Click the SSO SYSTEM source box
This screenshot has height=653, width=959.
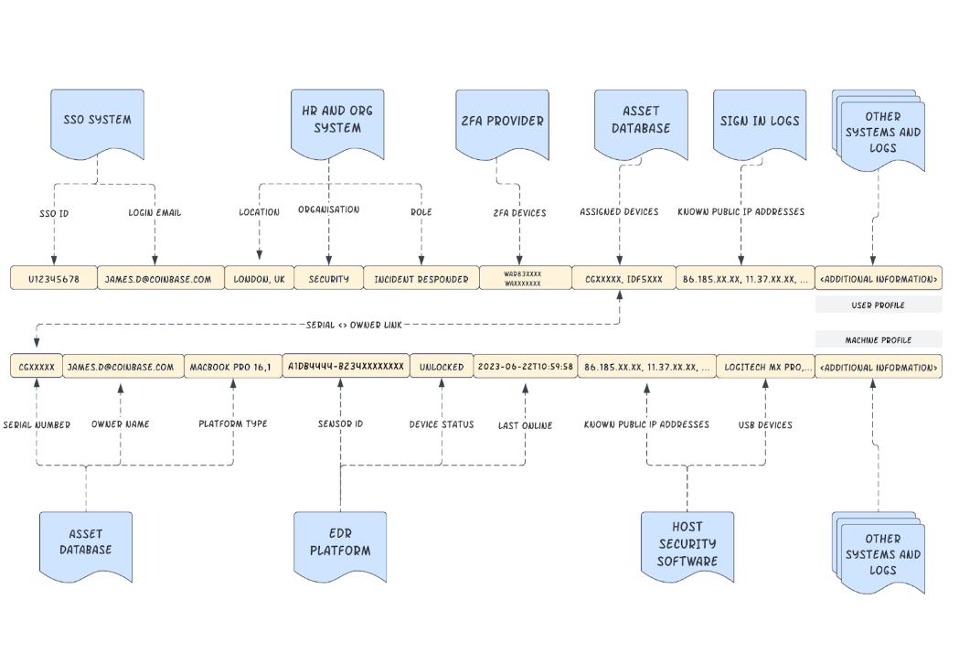click(97, 120)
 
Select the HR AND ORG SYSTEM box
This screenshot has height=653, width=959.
click(337, 120)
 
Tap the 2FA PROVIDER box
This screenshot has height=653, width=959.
click(502, 121)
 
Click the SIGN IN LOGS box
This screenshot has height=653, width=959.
click(760, 121)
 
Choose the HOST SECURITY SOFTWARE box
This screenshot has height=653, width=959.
click(687, 543)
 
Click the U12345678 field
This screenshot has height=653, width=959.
click(54, 278)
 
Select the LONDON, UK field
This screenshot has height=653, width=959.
click(260, 278)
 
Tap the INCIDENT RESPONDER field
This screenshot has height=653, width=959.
click(421, 278)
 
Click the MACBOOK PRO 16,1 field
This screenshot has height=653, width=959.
click(230, 367)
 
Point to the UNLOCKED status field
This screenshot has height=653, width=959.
click(442, 367)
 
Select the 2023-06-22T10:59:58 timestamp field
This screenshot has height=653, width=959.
click(525, 367)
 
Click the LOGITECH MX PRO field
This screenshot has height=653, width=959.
click(764, 367)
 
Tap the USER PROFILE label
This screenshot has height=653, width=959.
click(878, 305)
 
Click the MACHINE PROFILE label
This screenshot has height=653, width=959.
click(878, 339)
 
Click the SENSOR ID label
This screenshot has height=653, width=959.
click(340, 424)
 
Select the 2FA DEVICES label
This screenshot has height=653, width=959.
click(518, 212)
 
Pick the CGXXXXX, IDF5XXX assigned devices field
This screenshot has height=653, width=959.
click(623, 278)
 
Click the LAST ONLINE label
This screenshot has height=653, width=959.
click(525, 425)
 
